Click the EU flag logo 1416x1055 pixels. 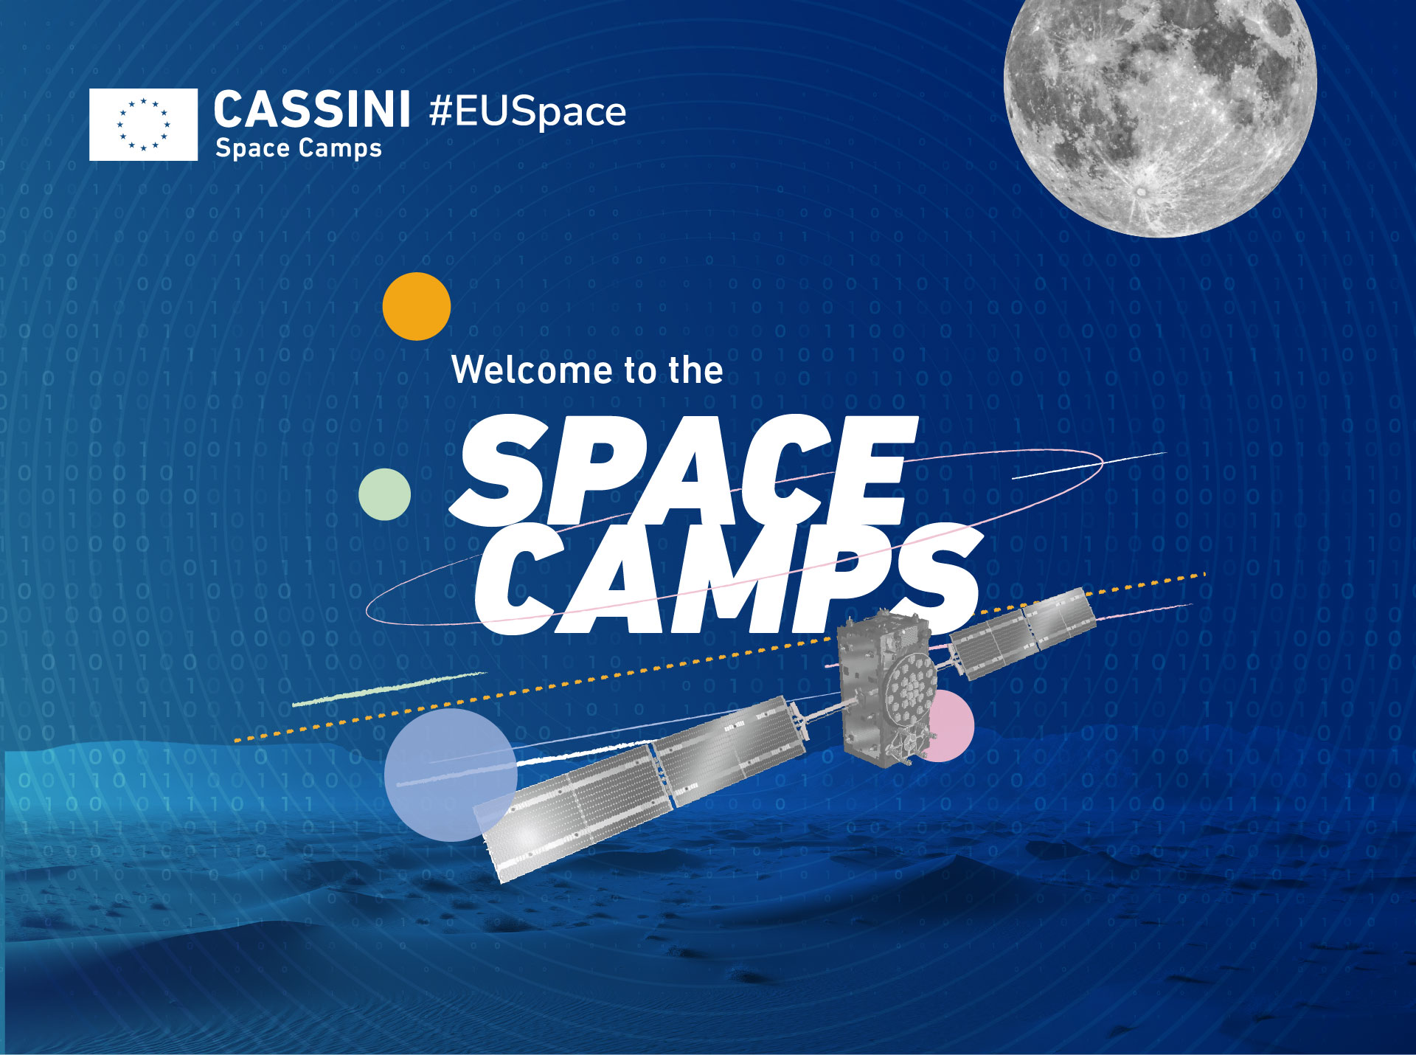coord(143,124)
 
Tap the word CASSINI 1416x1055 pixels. coord(311,110)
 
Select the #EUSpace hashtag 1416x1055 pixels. coord(527,111)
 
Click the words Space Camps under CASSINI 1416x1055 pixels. coord(298,148)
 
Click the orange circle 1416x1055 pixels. coord(416,306)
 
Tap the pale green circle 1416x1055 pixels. coord(384,494)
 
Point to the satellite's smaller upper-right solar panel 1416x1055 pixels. coord(1021,632)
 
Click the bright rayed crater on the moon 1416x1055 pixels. coord(1142,191)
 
